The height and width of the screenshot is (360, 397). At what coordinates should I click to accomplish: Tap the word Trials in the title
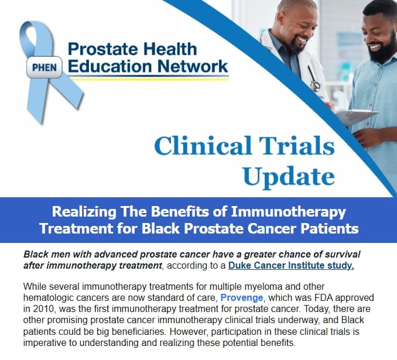[296, 146]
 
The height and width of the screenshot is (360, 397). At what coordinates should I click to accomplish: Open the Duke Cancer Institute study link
[291, 266]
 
